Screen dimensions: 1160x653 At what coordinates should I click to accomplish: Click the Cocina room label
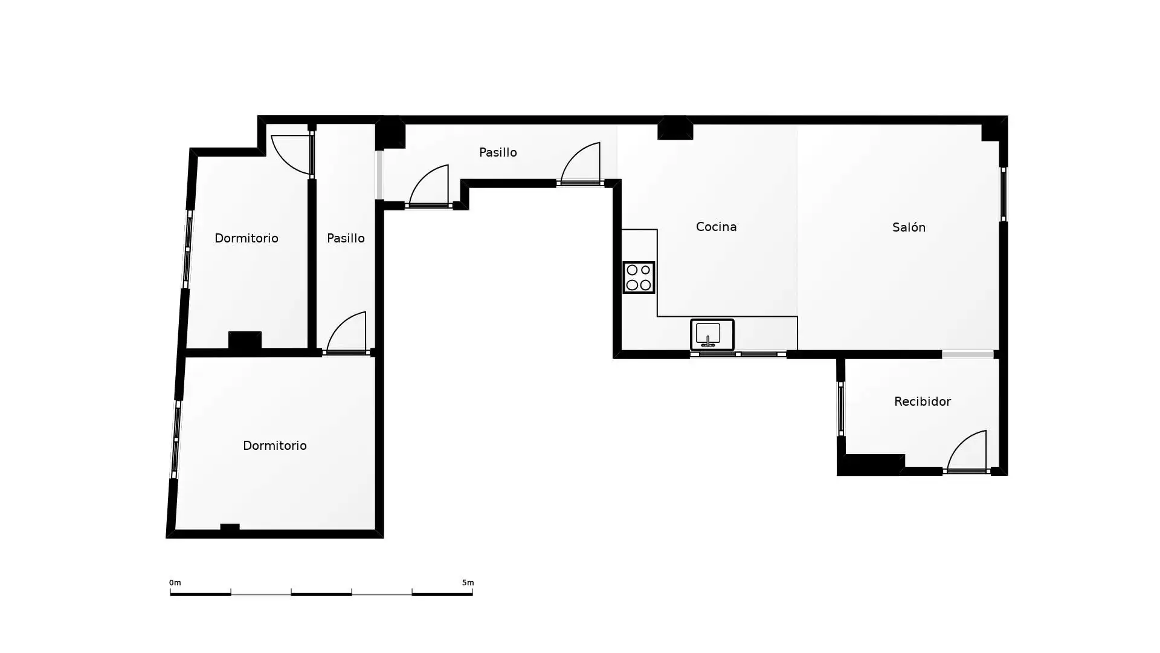point(716,227)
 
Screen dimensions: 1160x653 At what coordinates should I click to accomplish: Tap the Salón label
point(909,227)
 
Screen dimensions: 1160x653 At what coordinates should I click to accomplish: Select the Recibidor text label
point(923,401)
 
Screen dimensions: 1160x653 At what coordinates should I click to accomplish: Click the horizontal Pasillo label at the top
point(498,152)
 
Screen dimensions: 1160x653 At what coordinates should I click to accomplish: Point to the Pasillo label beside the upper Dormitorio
point(346,238)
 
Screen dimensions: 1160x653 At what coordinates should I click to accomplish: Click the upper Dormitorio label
point(246,238)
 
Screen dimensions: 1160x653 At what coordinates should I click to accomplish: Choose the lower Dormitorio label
point(275,446)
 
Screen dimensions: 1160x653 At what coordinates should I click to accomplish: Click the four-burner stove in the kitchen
point(639,278)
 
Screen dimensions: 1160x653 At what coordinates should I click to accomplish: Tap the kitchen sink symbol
point(712,334)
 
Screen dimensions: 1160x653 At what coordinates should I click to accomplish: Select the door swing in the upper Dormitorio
point(292,154)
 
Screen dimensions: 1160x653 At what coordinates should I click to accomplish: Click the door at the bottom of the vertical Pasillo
point(346,333)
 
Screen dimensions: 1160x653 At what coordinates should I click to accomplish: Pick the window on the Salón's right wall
point(1004,194)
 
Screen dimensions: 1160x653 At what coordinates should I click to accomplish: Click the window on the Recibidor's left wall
point(840,409)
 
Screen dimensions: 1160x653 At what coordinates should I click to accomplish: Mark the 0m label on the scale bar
point(175,583)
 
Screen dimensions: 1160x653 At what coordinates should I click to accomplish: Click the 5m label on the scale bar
point(468,583)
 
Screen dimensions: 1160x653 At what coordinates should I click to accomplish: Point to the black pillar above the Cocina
point(675,128)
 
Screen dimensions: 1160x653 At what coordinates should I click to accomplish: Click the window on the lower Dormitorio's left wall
point(176,440)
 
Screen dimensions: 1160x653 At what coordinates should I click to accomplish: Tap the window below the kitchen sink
point(738,354)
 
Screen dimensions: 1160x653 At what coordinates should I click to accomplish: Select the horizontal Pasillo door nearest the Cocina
point(580,164)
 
